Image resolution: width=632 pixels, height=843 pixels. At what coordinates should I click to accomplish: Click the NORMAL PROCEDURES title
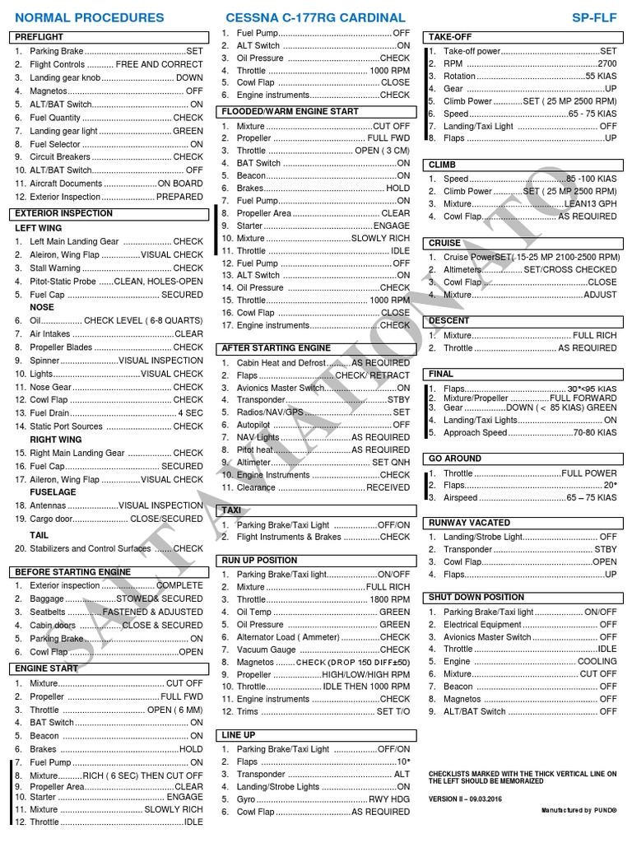coord(88,17)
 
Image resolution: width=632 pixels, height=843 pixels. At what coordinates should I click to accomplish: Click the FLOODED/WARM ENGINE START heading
coord(290,111)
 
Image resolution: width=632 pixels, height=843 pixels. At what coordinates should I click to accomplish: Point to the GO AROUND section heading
coord(455,459)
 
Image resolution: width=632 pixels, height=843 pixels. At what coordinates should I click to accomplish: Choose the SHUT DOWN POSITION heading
coord(476,597)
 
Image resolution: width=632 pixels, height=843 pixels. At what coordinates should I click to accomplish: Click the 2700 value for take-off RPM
coord(606,63)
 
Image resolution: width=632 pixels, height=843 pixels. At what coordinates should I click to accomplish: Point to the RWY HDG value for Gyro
coord(388,799)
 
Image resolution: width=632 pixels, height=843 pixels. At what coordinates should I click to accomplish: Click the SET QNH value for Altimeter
coord(391,463)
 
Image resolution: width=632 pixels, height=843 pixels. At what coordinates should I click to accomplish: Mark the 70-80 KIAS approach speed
coord(595,433)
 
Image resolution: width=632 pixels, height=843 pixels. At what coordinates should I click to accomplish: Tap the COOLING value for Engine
coord(597,661)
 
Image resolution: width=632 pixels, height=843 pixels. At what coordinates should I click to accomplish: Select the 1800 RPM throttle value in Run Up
coord(389,600)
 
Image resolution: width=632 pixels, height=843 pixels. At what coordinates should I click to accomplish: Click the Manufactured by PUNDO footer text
coord(579,811)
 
